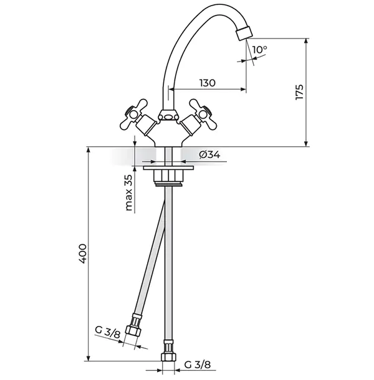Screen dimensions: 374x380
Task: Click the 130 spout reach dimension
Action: tap(208, 83)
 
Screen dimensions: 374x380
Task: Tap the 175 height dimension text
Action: tap(299, 92)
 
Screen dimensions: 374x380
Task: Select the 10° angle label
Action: tap(259, 50)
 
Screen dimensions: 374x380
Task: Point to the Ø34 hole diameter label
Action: tap(209, 154)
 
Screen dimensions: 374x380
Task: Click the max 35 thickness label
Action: tap(129, 193)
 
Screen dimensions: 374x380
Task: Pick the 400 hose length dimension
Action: tap(82, 254)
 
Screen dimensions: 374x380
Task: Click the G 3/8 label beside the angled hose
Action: tap(108, 333)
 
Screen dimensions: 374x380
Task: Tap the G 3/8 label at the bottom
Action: tap(198, 364)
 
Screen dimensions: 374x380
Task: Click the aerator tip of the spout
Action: tap(245, 33)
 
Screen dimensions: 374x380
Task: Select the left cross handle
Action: tap(133, 113)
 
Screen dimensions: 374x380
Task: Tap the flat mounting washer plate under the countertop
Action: tap(168, 168)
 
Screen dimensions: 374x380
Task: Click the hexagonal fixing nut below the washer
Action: tap(168, 176)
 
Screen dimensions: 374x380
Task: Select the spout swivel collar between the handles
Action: tap(168, 115)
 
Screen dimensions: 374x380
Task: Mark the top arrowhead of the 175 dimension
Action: tap(307, 41)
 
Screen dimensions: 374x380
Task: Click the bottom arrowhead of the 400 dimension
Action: tap(89, 358)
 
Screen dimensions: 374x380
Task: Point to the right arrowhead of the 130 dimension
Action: tap(243, 89)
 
